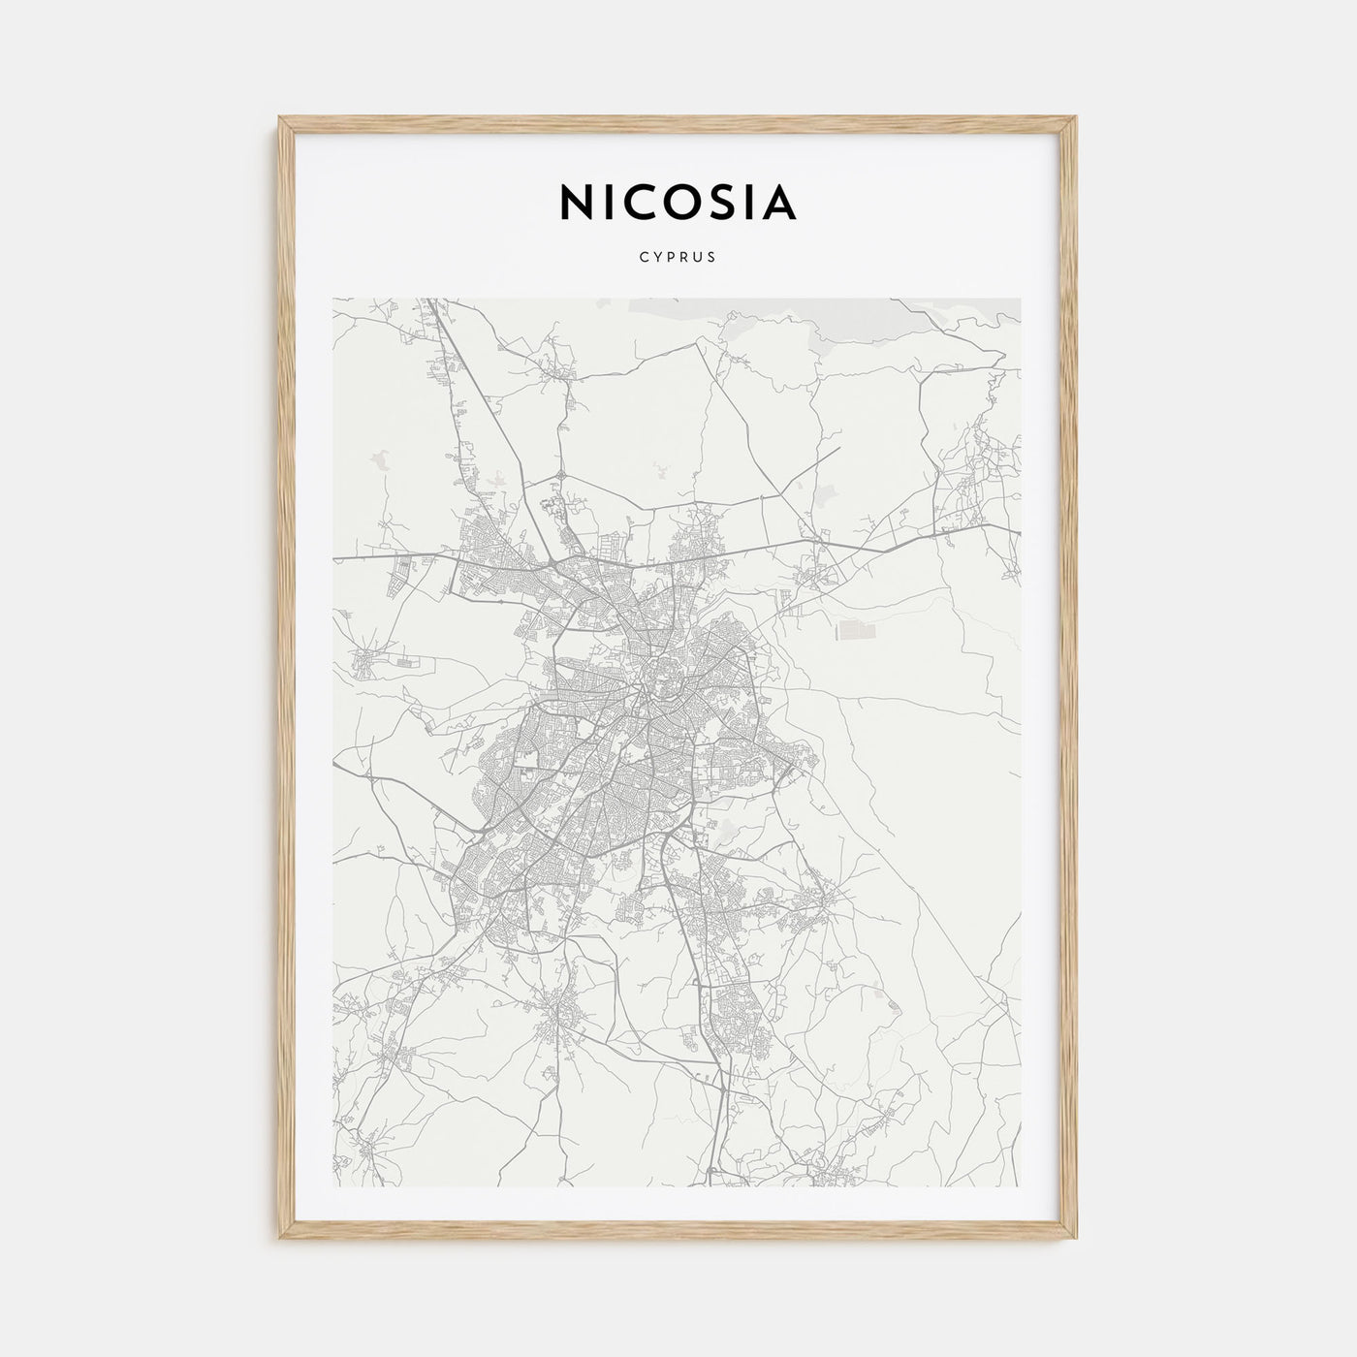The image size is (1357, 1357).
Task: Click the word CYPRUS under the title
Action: tap(678, 258)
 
